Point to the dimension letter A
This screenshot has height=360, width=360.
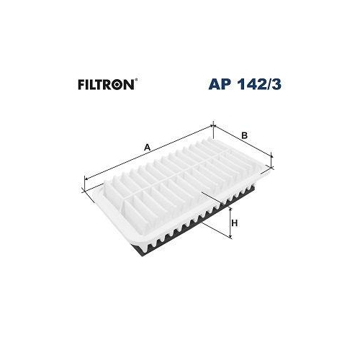pos(147,148)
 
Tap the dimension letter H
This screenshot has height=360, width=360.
pos(235,225)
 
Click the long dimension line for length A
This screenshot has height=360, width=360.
pos(150,155)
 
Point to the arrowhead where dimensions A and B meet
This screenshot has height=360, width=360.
pos(215,127)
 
